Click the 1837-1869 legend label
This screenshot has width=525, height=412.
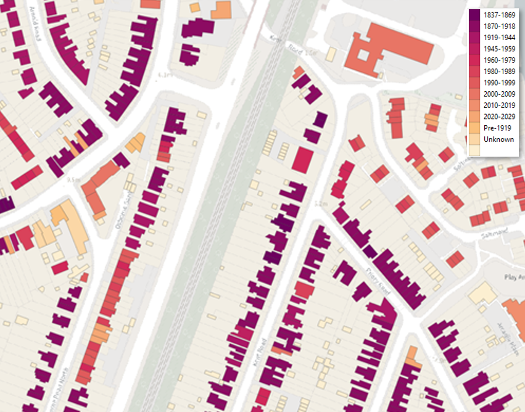[x=499, y=15]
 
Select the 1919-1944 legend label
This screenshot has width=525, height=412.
[x=499, y=38]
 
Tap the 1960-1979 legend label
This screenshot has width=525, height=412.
[x=499, y=60]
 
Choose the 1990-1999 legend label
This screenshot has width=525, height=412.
[x=499, y=83]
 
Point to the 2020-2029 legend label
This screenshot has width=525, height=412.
[x=499, y=117]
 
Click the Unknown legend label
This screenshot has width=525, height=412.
[x=498, y=139]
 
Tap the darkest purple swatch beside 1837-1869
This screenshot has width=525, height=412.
[x=474, y=15]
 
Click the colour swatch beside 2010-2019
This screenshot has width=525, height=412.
[x=474, y=105]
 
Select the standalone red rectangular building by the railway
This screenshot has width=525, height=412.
[x=303, y=160]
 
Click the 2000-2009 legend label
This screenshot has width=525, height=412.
[x=499, y=94]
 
